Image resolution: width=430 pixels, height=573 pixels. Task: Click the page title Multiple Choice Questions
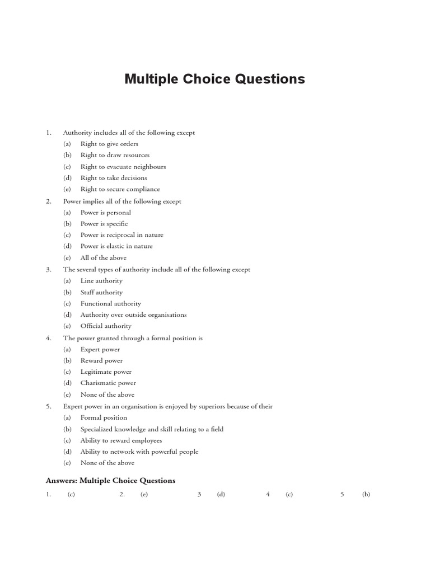(x=214, y=79)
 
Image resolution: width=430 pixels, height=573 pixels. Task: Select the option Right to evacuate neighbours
(x=123, y=167)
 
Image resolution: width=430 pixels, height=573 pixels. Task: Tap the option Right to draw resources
(x=115, y=155)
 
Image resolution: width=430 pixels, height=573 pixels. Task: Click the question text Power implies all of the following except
(x=122, y=201)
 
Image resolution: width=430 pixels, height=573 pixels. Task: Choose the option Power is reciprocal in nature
(x=121, y=235)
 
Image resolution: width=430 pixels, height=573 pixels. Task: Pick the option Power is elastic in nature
(x=116, y=246)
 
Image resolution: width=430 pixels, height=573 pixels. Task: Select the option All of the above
(x=103, y=258)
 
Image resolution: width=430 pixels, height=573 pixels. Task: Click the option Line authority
(x=101, y=281)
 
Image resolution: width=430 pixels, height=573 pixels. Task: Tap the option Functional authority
(x=110, y=304)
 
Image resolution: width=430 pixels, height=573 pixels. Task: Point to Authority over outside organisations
(x=133, y=315)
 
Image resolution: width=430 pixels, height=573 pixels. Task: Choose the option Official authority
(x=106, y=326)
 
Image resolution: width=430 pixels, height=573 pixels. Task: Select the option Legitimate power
(x=106, y=372)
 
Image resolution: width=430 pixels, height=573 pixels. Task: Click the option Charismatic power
(x=108, y=383)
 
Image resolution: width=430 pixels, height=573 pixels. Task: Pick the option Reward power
(x=101, y=361)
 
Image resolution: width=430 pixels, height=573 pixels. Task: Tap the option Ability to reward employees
(x=121, y=440)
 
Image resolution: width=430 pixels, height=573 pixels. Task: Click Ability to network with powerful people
(x=139, y=452)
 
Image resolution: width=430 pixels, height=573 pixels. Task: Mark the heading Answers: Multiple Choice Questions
(x=110, y=481)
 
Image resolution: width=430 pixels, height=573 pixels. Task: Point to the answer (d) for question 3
(x=221, y=495)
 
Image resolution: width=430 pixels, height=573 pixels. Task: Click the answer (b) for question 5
(x=366, y=495)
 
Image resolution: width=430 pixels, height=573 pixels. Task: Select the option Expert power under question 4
(x=100, y=350)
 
